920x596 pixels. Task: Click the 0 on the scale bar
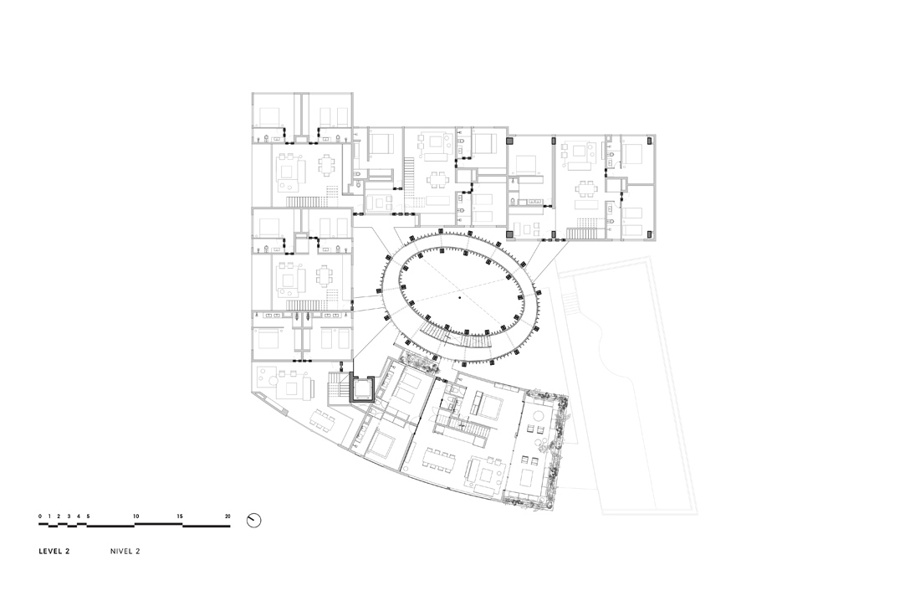(x=40, y=516)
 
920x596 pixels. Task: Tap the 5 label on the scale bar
(x=88, y=516)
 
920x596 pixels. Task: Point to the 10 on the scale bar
(x=136, y=516)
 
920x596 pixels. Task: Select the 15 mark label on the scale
(x=180, y=516)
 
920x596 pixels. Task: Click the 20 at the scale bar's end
(x=227, y=516)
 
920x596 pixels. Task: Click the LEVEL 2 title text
(x=54, y=552)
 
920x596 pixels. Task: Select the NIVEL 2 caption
(x=125, y=552)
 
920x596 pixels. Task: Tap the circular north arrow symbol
(x=253, y=521)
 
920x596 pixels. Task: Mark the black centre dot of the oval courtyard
(x=460, y=299)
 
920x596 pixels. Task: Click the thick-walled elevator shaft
(x=363, y=388)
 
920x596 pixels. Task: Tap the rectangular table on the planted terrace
(x=528, y=475)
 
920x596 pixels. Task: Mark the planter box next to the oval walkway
(x=417, y=363)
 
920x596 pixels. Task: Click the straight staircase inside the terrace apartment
(x=463, y=428)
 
